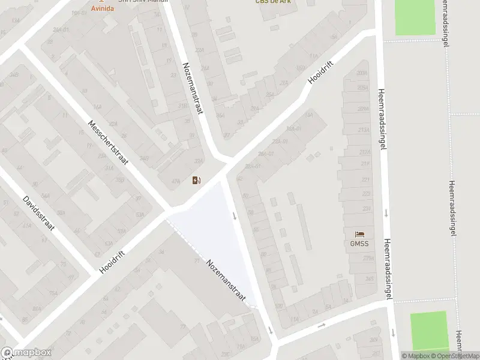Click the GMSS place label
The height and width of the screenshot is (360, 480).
359,244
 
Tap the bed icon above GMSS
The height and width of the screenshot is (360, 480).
359,233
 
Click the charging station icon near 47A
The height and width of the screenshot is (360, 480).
196,180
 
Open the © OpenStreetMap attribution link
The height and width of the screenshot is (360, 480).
454,356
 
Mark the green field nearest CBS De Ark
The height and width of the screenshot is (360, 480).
415,17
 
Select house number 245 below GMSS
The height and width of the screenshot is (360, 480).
370,278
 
